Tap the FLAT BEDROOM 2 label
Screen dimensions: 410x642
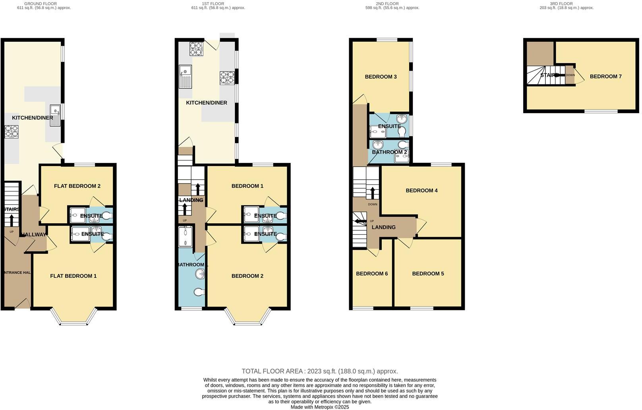click(x=77, y=186)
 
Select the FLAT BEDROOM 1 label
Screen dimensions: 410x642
click(x=73, y=276)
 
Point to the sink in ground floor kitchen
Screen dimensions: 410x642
click(x=55, y=115)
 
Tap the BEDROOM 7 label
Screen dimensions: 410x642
click(x=605, y=76)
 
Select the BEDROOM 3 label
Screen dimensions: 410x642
click(x=381, y=77)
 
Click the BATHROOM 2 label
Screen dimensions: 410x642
click(x=389, y=152)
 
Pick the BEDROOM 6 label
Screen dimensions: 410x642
click(x=371, y=273)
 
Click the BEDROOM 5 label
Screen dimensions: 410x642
click(x=428, y=273)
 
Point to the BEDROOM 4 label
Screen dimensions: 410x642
click(x=422, y=190)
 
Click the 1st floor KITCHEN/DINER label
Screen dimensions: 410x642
click(x=207, y=102)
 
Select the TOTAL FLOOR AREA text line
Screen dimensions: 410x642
click(x=319, y=371)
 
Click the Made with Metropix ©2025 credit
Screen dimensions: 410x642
click(x=319, y=407)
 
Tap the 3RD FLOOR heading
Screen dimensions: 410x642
click(x=561, y=4)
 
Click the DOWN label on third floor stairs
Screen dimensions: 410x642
click(x=570, y=75)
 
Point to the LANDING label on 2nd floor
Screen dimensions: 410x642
click(x=383, y=227)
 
